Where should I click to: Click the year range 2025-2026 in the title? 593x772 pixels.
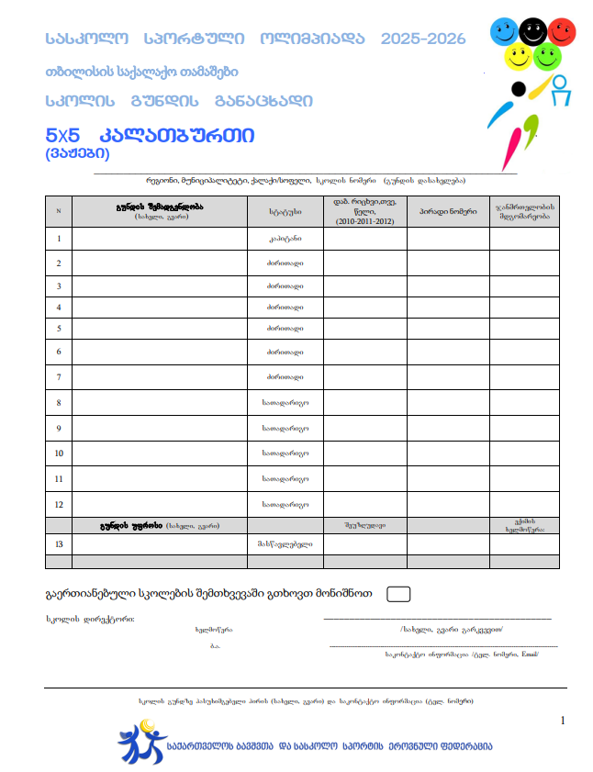point(423,39)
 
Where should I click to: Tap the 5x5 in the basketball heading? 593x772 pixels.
point(63,135)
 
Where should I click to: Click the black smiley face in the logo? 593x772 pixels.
point(531,31)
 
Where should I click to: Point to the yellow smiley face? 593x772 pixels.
point(519,58)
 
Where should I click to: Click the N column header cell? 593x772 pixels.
point(59,211)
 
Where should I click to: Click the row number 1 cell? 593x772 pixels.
point(59,239)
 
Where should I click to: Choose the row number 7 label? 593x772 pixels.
point(59,376)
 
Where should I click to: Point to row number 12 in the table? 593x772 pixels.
point(59,504)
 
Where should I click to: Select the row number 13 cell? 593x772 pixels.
point(59,544)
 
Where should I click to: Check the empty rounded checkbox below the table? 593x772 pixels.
point(398,593)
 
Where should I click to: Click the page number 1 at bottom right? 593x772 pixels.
point(562,721)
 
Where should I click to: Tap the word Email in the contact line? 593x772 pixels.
point(529,654)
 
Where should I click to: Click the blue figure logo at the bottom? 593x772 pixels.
point(140,741)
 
